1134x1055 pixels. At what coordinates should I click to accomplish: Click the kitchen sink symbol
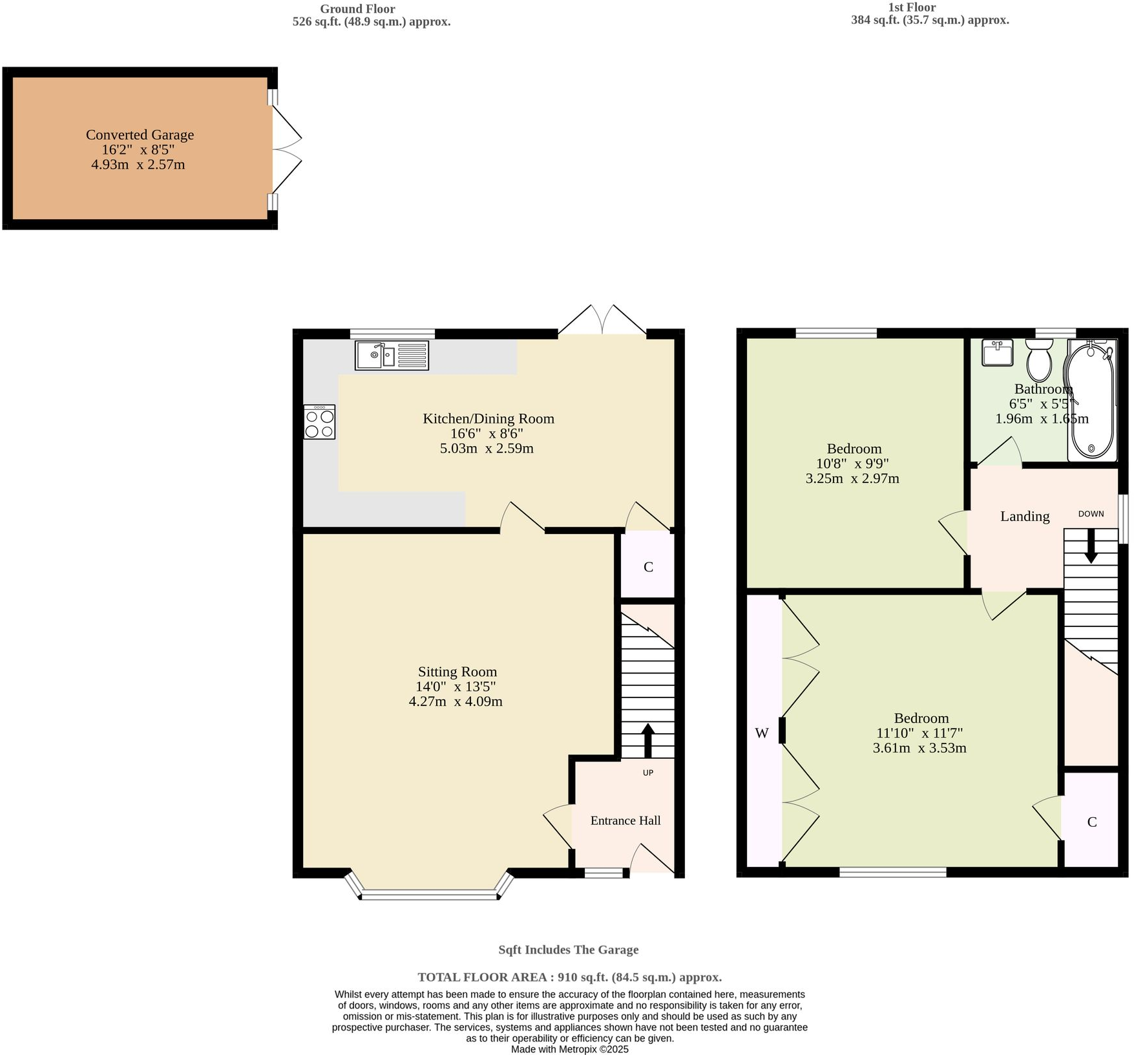tap(392, 356)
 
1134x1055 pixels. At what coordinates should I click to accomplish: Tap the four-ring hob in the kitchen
tap(319, 422)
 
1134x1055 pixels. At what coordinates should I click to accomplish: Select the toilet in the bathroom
tap(1039, 361)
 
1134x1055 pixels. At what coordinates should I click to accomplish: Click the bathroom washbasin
tap(997, 352)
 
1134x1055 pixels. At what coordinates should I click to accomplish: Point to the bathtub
tap(1091, 401)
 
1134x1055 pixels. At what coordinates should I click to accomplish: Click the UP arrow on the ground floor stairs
tap(647, 740)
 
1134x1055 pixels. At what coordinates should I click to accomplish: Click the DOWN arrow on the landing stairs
tap(1091, 546)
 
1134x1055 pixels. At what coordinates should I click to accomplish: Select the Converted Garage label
tap(140, 135)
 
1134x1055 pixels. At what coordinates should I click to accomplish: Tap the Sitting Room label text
tap(457, 672)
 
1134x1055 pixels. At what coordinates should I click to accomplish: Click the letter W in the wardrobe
tap(762, 733)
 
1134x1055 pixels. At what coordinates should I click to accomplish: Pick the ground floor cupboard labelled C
tap(648, 567)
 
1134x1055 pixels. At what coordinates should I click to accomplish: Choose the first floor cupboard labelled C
tap(1091, 822)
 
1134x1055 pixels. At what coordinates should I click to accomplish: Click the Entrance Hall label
tap(625, 820)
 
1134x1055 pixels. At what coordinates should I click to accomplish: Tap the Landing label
tap(1024, 516)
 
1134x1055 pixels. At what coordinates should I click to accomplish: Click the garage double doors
tap(286, 149)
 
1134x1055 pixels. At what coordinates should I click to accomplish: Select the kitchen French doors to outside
tap(602, 321)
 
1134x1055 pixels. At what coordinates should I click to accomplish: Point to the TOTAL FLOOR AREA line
tap(569, 977)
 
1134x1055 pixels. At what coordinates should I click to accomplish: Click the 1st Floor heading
tap(912, 8)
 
